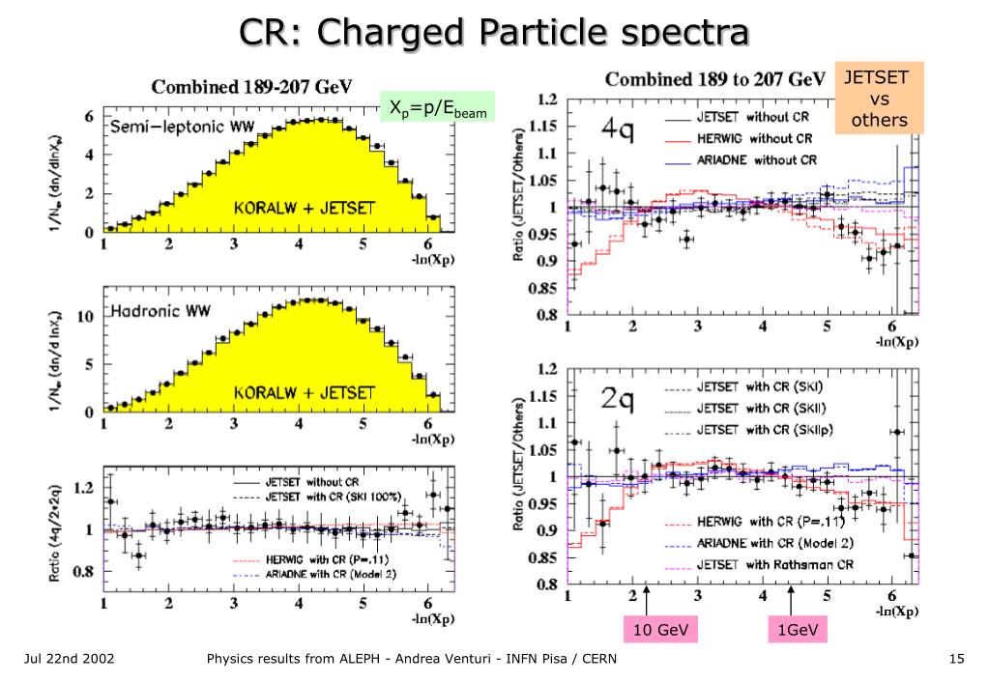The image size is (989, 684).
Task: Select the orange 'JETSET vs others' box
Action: pos(879,98)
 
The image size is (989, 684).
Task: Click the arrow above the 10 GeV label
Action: pos(645,600)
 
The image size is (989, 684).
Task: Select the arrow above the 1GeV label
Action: pos(791,600)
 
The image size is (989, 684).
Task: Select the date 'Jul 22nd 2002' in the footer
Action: pos(70,660)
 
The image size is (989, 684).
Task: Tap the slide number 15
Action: pos(957,660)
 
